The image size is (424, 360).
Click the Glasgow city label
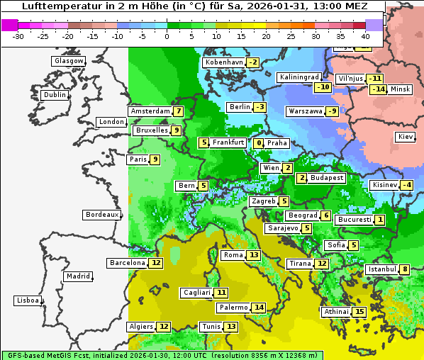[68, 61]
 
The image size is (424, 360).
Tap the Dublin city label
[54, 95]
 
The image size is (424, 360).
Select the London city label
[111, 122]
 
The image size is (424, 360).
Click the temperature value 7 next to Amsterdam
[179, 111]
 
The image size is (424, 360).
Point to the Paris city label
[138, 159]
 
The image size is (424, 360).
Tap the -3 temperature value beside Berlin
[260, 107]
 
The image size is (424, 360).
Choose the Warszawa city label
[305, 111]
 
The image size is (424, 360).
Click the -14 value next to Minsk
[379, 89]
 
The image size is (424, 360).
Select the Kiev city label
[406, 136]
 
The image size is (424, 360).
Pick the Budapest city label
[327, 178]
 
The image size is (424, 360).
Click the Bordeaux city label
[101, 214]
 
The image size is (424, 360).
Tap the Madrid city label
[78, 276]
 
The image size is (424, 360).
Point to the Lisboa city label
[28, 300]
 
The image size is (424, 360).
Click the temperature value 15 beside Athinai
[360, 312]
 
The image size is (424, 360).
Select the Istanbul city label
[382, 269]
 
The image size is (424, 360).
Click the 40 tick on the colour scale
[366, 36]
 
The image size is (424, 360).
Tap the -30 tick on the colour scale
[18, 36]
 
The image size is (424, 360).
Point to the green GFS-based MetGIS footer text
[162, 355]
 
